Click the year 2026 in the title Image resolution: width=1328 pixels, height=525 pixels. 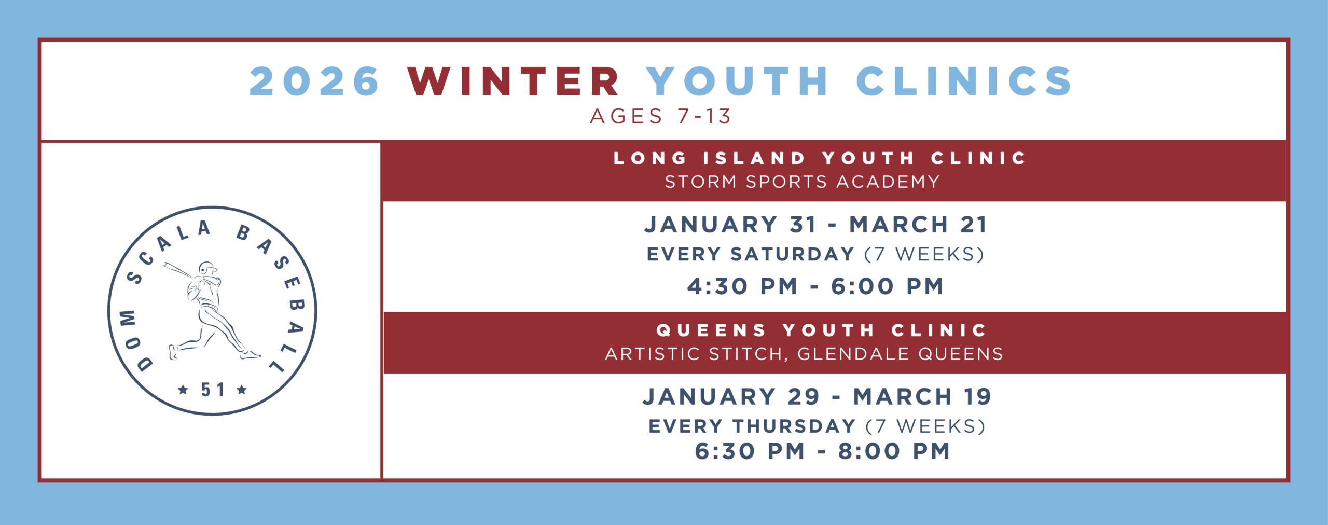point(314,81)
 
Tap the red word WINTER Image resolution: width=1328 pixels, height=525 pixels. point(514,81)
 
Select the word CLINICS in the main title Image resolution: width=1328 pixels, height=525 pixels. point(964,81)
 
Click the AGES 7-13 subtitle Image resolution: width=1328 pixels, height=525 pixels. point(660,116)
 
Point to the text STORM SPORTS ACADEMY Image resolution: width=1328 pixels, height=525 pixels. point(803,182)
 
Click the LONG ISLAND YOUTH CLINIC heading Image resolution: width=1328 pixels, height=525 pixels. point(820,158)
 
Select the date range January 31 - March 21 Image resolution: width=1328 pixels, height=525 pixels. point(816,225)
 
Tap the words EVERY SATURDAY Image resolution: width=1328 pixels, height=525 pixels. point(750,254)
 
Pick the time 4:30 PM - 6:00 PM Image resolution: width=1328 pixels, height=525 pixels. point(815,286)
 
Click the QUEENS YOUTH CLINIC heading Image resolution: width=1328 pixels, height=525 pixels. point(822,330)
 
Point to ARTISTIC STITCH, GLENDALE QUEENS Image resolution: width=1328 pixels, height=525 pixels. point(804,354)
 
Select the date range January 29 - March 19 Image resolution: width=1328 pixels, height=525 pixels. point(817,397)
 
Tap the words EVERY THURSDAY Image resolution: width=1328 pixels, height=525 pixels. point(752,426)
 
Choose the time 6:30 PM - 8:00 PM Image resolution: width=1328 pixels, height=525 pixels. point(823,451)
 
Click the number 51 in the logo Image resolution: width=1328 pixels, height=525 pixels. point(213,390)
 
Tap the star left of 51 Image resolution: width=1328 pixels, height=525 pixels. point(183,390)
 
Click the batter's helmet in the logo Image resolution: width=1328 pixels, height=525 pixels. point(208,268)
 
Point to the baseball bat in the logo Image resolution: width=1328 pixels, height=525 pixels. point(179,270)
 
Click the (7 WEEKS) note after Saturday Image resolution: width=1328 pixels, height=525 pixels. point(924,254)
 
